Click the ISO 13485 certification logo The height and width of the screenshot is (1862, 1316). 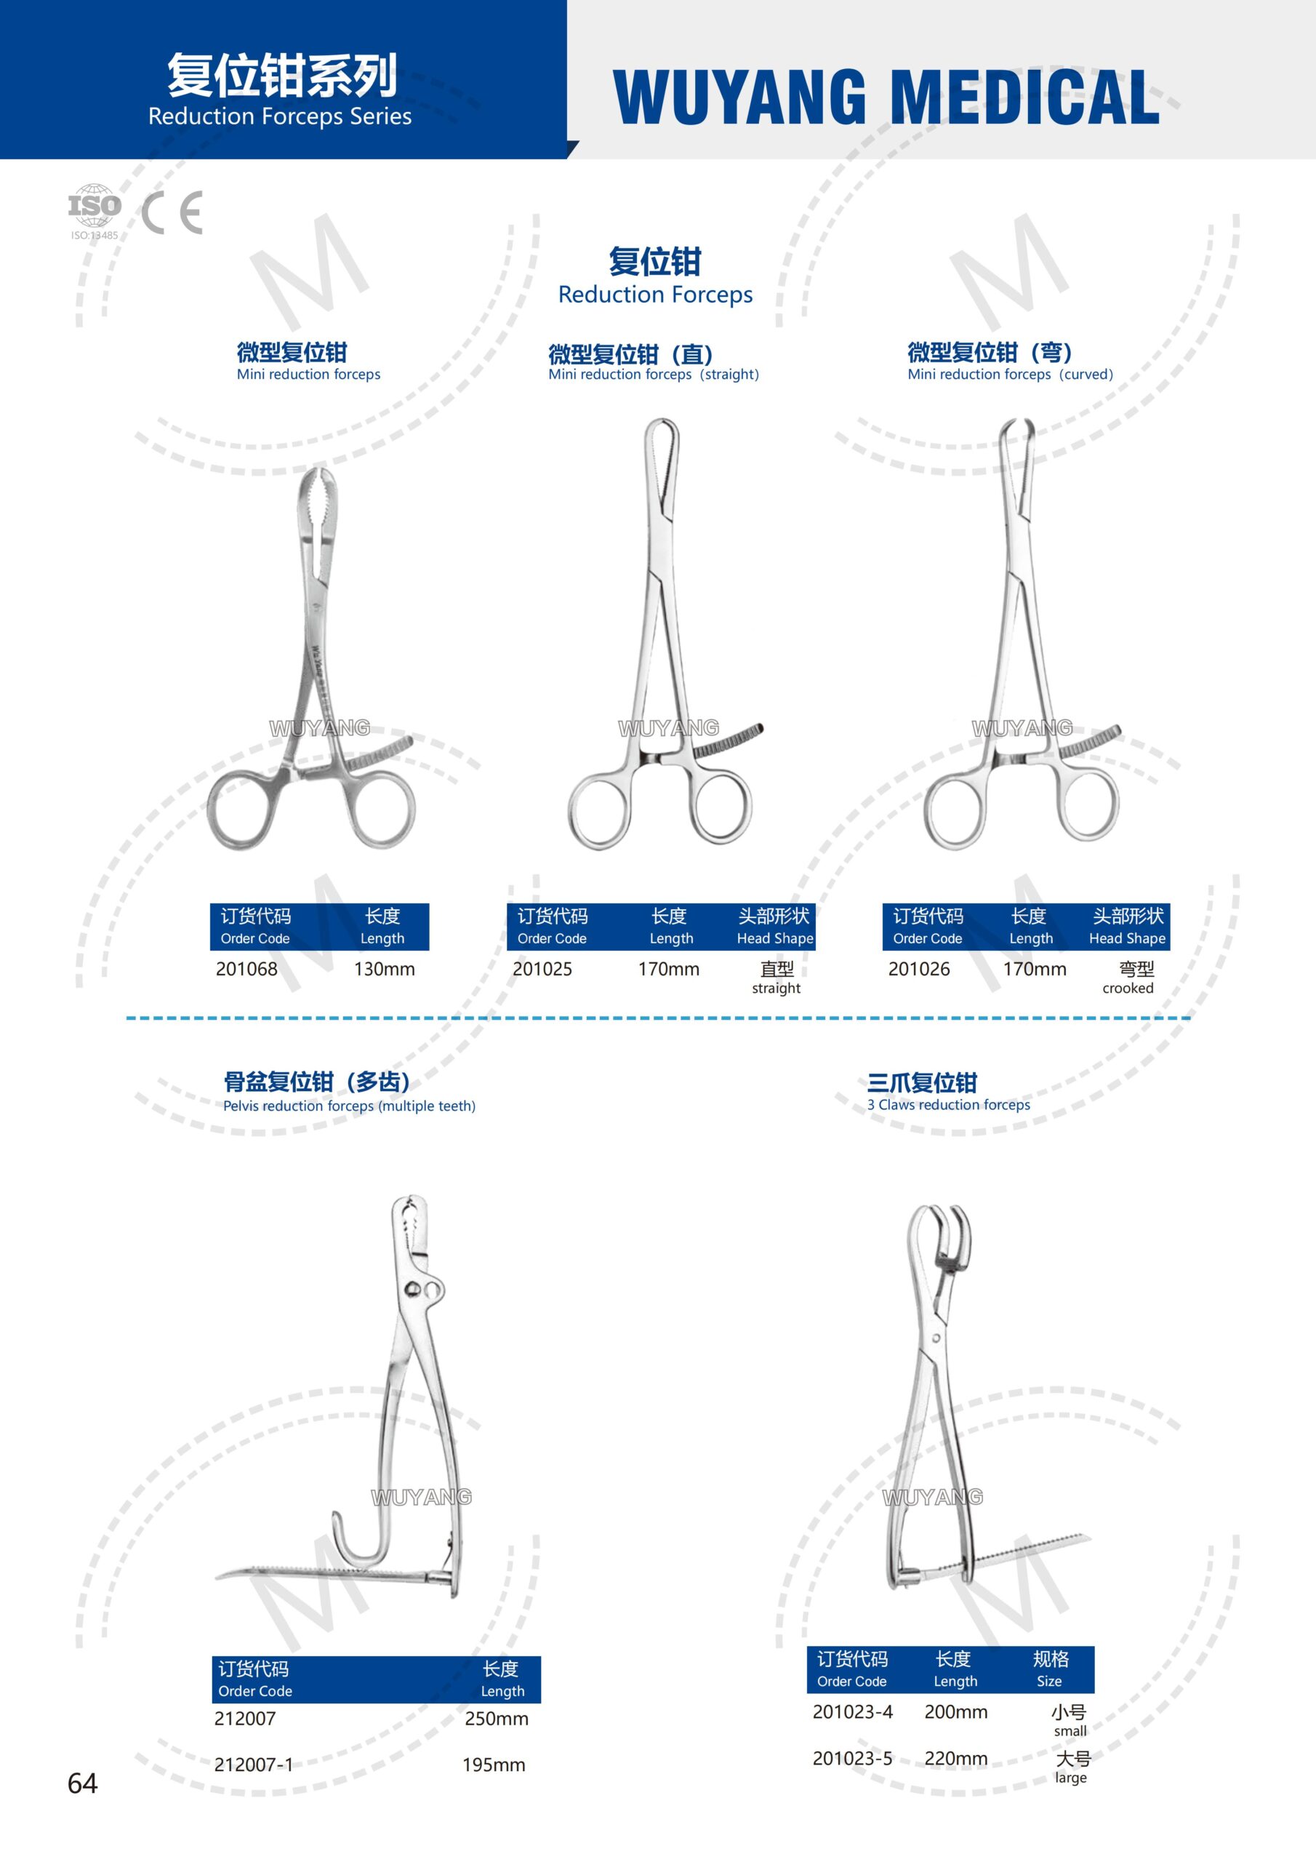coord(94,212)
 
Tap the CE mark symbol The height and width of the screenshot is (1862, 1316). coord(172,212)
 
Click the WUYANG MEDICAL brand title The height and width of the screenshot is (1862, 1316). coord(886,97)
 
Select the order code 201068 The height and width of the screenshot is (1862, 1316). coord(246,968)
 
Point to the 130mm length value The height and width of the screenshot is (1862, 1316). coord(385,968)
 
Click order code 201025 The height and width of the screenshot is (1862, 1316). coord(542,968)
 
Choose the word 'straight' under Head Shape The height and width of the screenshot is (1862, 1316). coord(776,988)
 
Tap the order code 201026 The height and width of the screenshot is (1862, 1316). coord(919,968)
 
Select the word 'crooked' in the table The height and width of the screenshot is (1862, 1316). coord(1128,988)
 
